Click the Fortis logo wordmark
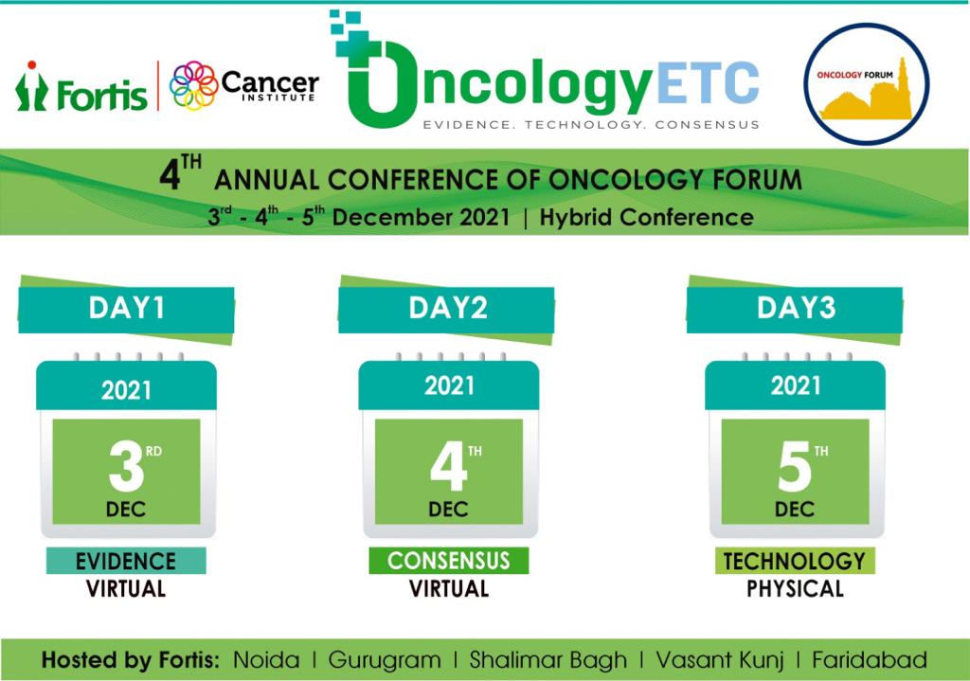81,86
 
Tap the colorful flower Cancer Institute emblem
193,85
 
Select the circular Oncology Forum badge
866,84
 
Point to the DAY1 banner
126,309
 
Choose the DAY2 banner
447,309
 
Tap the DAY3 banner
795,309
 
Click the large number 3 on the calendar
126,466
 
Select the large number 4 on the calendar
448,466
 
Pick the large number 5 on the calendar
795,466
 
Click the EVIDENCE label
126,561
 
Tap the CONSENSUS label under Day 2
448,561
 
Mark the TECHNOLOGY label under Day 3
795,561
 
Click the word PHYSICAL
795,588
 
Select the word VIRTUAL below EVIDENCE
126,588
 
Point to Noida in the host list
266,660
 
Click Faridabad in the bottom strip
870,660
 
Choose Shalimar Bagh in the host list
548,660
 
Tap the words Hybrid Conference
646,217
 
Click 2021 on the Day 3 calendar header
795,385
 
